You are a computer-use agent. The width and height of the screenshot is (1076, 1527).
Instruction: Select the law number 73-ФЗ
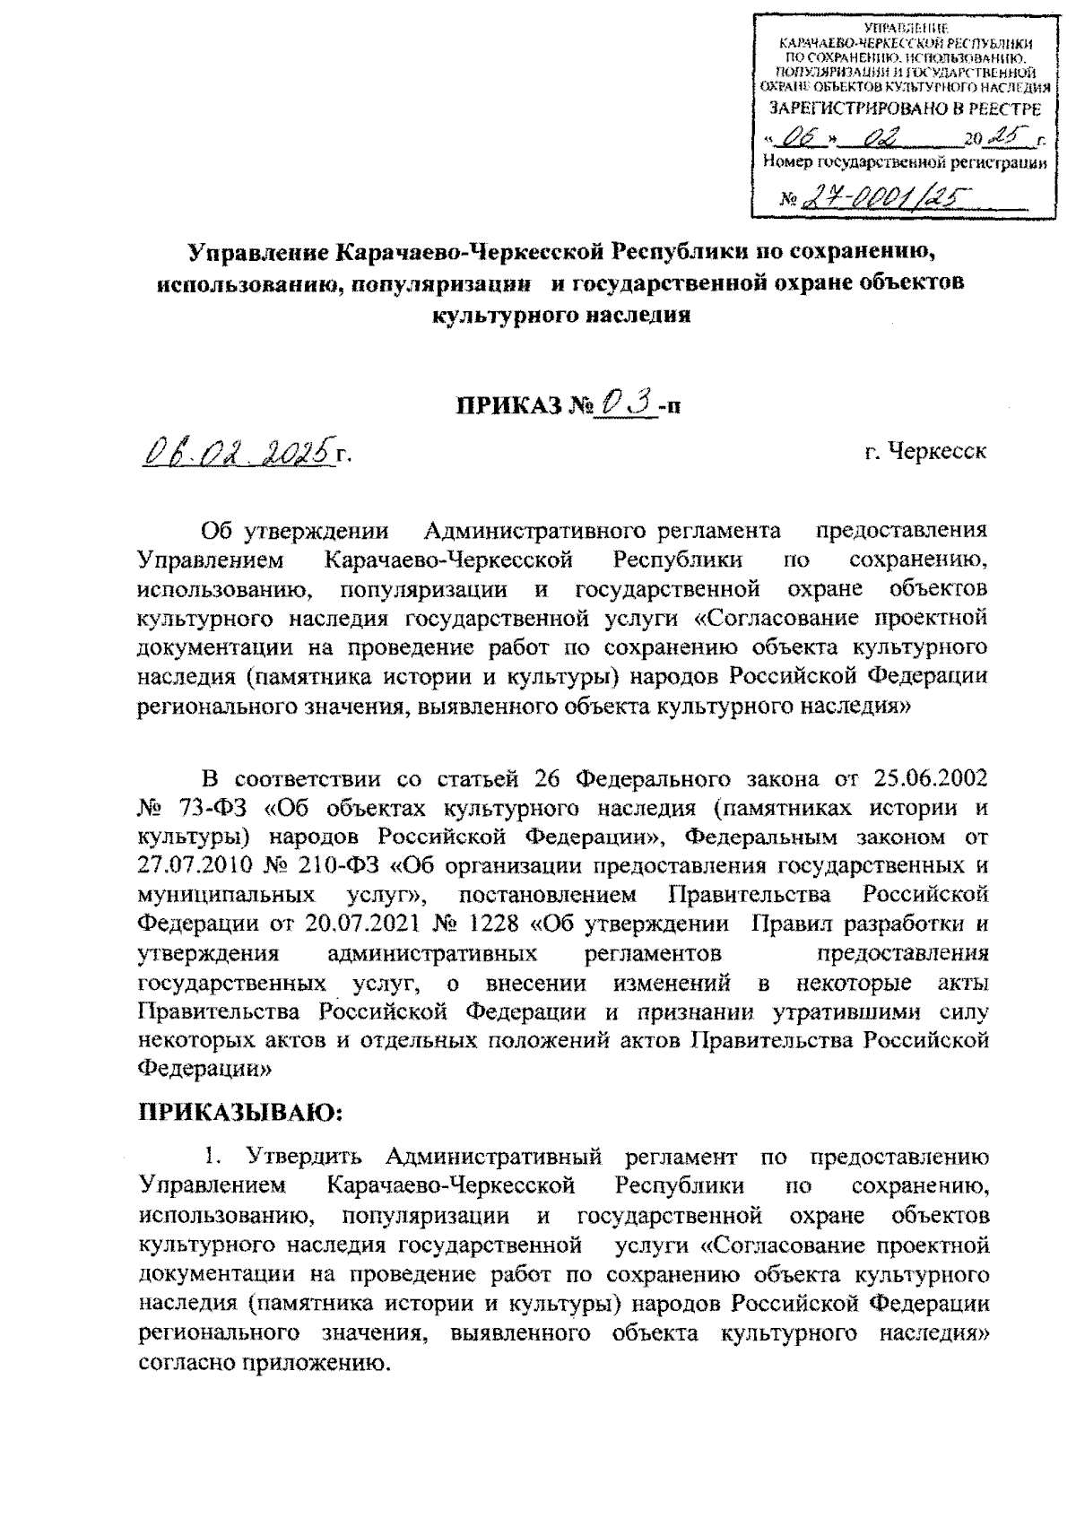pyautogui.click(x=212, y=806)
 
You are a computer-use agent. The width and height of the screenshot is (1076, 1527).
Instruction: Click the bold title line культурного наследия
pyautogui.click(x=561, y=316)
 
